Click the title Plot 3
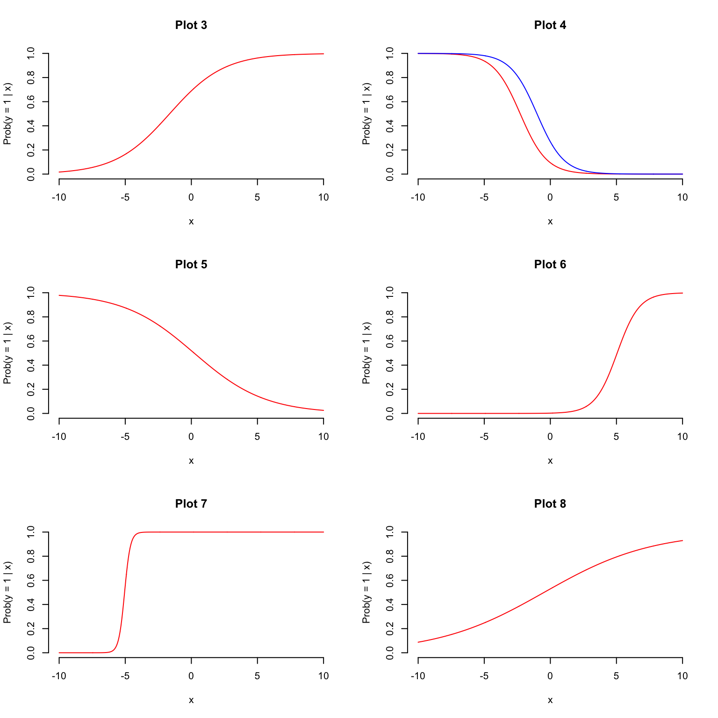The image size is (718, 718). coord(191,25)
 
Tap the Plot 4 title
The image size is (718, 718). coord(550,25)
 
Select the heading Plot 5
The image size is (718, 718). coord(191,265)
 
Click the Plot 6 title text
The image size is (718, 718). coord(550,265)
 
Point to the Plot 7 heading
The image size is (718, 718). coord(191,504)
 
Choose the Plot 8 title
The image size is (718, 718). coord(550,504)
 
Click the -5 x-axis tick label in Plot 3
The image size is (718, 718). coord(125,197)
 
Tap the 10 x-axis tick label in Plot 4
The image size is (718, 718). coord(682,197)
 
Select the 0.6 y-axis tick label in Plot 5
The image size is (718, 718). coord(31,341)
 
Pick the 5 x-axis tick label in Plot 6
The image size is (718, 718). coord(616,437)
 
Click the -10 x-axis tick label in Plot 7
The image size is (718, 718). coord(59,676)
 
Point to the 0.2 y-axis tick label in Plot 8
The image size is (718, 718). coord(390,628)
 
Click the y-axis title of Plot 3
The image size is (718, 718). coord(7,114)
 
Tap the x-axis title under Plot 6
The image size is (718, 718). coord(550,461)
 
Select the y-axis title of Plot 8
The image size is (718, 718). coord(366,593)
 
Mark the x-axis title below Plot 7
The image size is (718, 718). coord(191,700)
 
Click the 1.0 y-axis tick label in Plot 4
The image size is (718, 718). coord(390,53)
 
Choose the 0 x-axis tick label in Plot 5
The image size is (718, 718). coord(191,437)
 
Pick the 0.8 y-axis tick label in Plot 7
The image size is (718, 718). coord(31,556)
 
